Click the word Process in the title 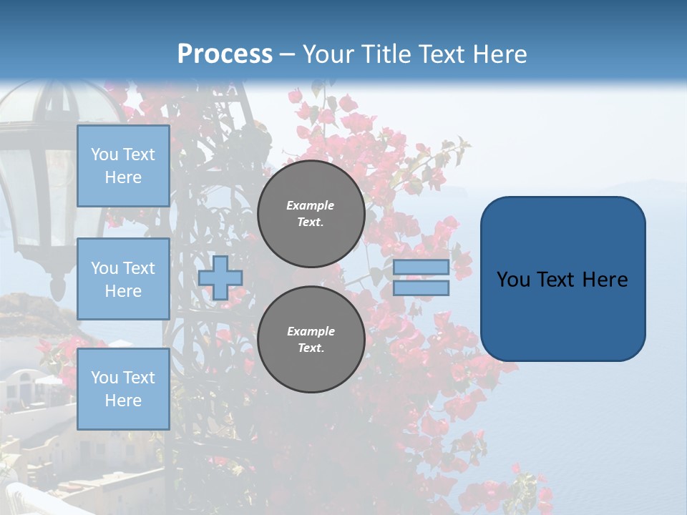(225, 54)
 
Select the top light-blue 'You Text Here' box (123, 166)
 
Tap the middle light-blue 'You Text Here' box (123, 279)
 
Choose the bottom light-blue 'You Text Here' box (123, 388)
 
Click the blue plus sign (220, 278)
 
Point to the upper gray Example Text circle (311, 214)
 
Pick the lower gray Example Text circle (311, 339)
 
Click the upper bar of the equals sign (421, 267)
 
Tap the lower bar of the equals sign (421, 288)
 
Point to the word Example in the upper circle (311, 205)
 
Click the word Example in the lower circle (311, 331)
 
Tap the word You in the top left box (104, 154)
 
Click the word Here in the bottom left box (123, 401)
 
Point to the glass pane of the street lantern (21, 193)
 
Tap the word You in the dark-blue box (513, 280)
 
